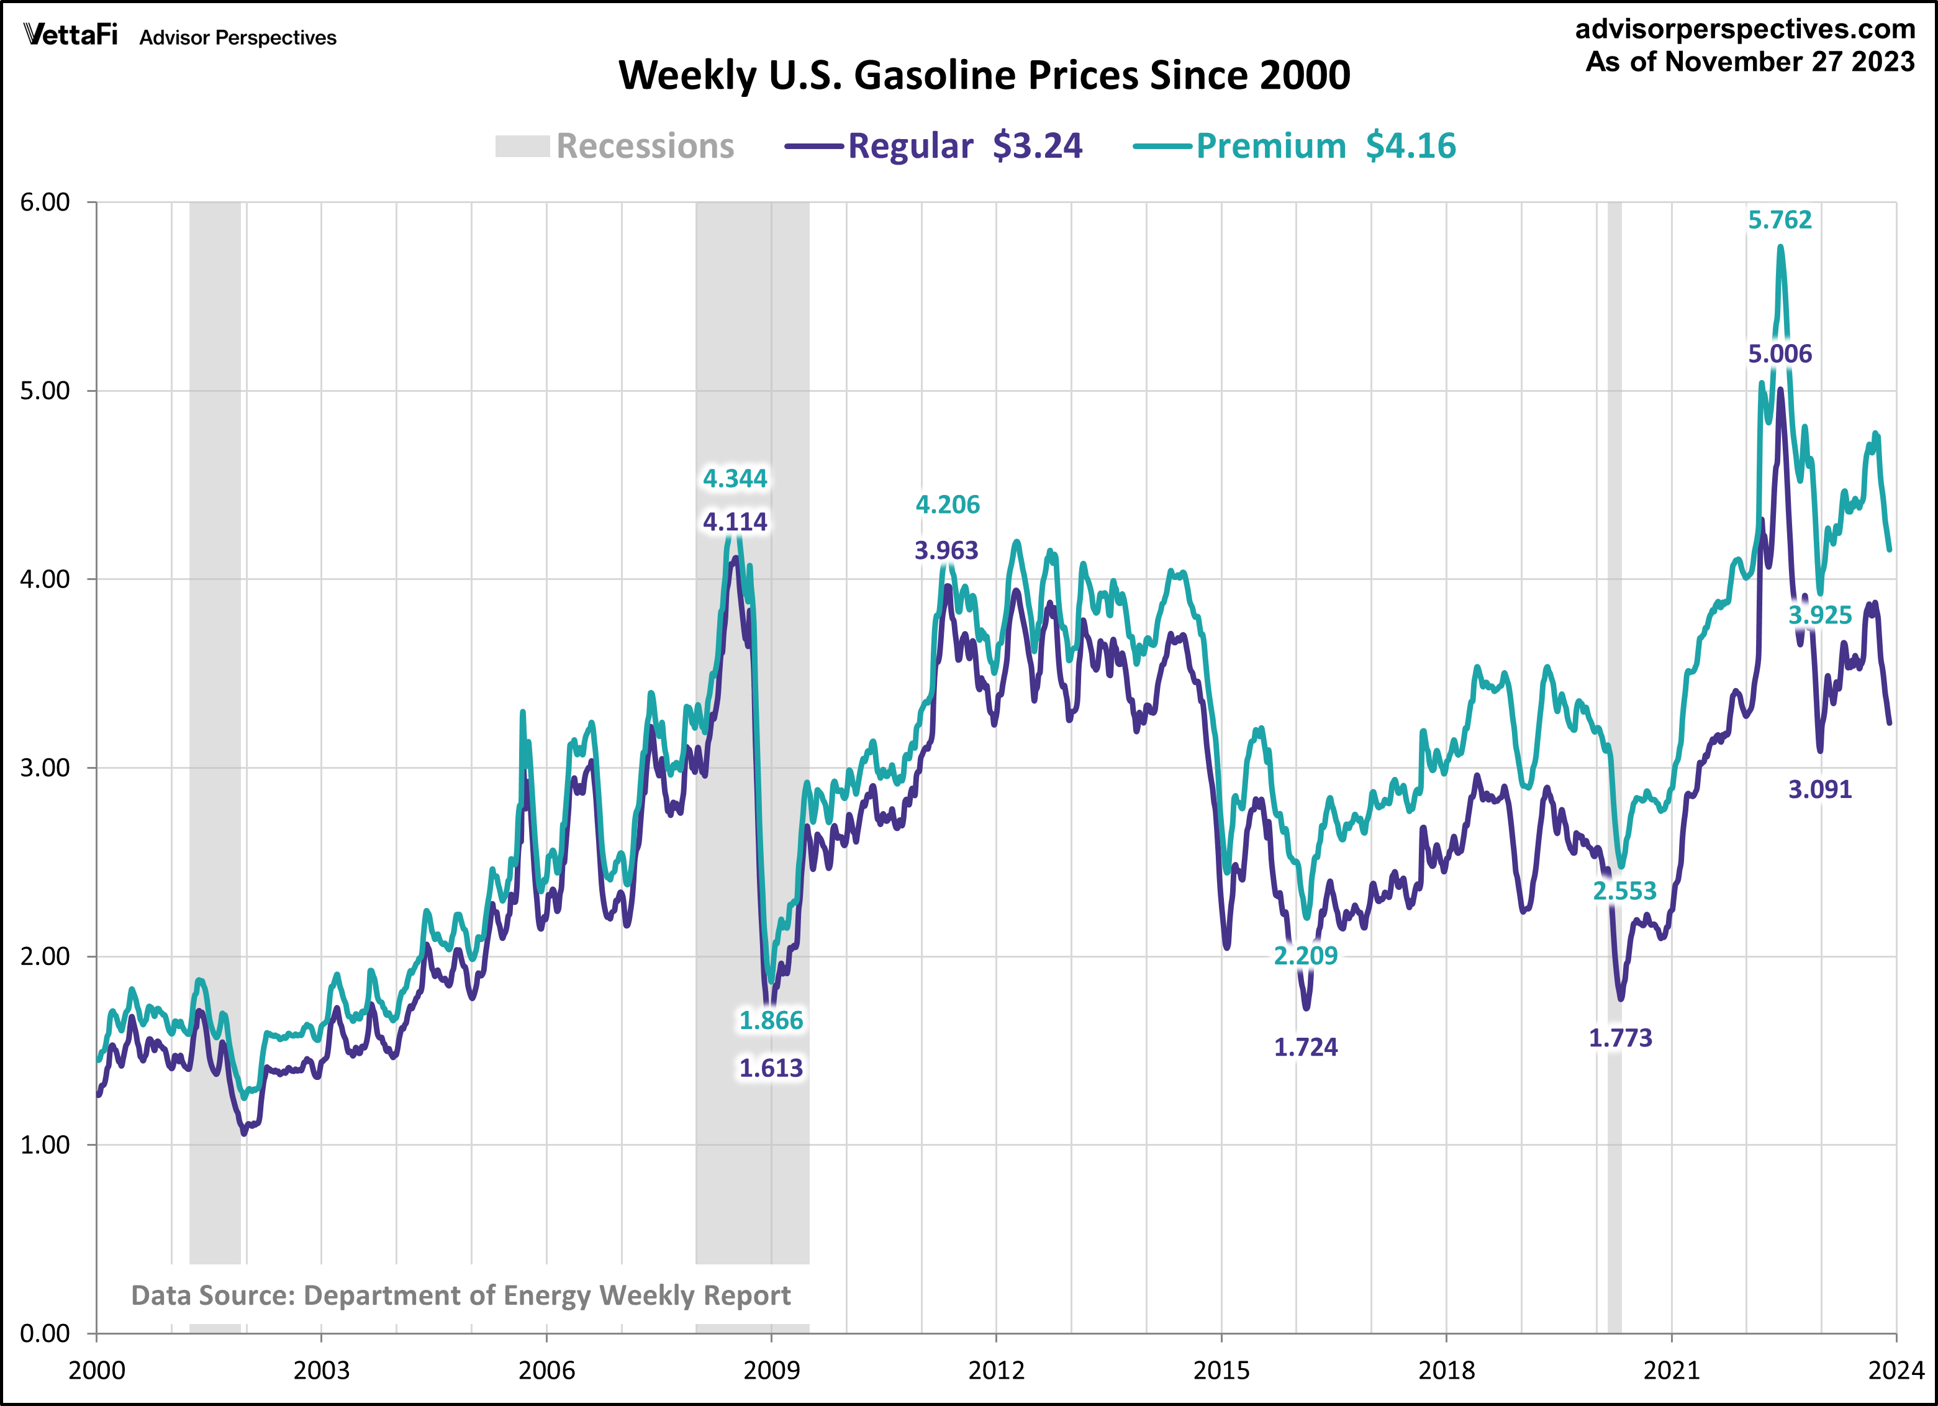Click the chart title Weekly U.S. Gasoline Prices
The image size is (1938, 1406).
(984, 75)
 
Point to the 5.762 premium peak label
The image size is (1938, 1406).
(1779, 220)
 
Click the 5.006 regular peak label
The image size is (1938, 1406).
(1779, 354)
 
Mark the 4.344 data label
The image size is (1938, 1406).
(735, 479)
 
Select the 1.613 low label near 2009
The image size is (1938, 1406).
(771, 1068)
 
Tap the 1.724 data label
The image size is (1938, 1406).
(1306, 1048)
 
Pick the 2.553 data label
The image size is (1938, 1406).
(1624, 891)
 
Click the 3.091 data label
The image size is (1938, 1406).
(1820, 790)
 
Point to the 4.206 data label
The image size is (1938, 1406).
(948, 505)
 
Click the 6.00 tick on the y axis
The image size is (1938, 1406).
(45, 202)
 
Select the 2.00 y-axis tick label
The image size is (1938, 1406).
(45, 956)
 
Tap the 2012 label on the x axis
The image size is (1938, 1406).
(997, 1371)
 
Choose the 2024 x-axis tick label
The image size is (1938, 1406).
(1895, 1371)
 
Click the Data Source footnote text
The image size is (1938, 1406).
(461, 1295)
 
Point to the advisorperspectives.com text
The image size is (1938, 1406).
(1745, 29)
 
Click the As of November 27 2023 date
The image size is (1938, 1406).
(1750, 62)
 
